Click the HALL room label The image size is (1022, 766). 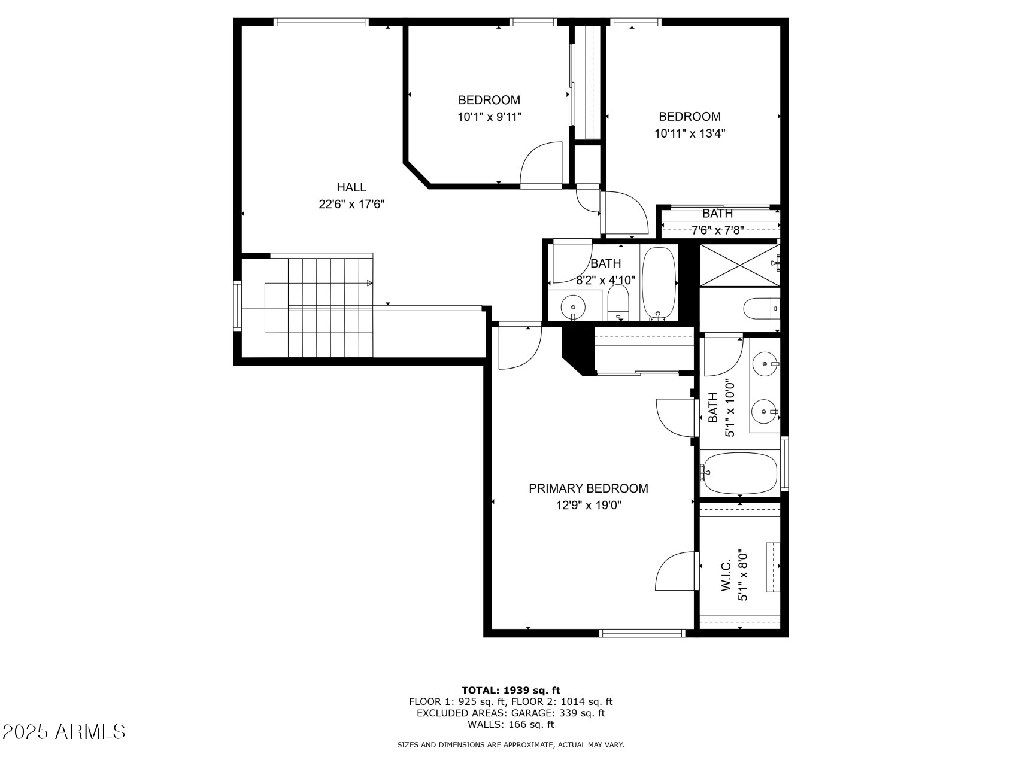pos(351,187)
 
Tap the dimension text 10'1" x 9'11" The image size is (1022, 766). pos(489,117)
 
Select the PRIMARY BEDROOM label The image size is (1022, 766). pos(588,488)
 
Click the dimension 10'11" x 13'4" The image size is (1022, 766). pos(690,133)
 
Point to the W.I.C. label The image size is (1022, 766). pos(726,576)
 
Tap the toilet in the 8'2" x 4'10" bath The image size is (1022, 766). pos(618,302)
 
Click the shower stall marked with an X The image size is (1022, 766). pos(739,265)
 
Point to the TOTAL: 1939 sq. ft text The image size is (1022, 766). pos(511,690)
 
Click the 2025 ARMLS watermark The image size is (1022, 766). pos(64,731)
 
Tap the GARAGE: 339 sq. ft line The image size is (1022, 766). pos(511,713)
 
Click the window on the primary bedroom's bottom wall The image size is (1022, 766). pos(642,633)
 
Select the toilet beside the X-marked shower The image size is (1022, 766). pos(760,309)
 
